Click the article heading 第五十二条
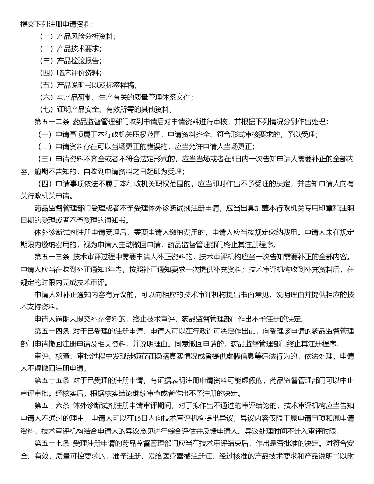tap(52, 122)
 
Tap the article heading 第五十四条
tap(52, 331)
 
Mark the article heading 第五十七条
tap(52, 443)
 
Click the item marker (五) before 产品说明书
tap(46, 86)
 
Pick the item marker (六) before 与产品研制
tap(46, 98)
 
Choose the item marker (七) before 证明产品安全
tap(46, 110)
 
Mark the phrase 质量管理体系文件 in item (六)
tap(162, 98)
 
